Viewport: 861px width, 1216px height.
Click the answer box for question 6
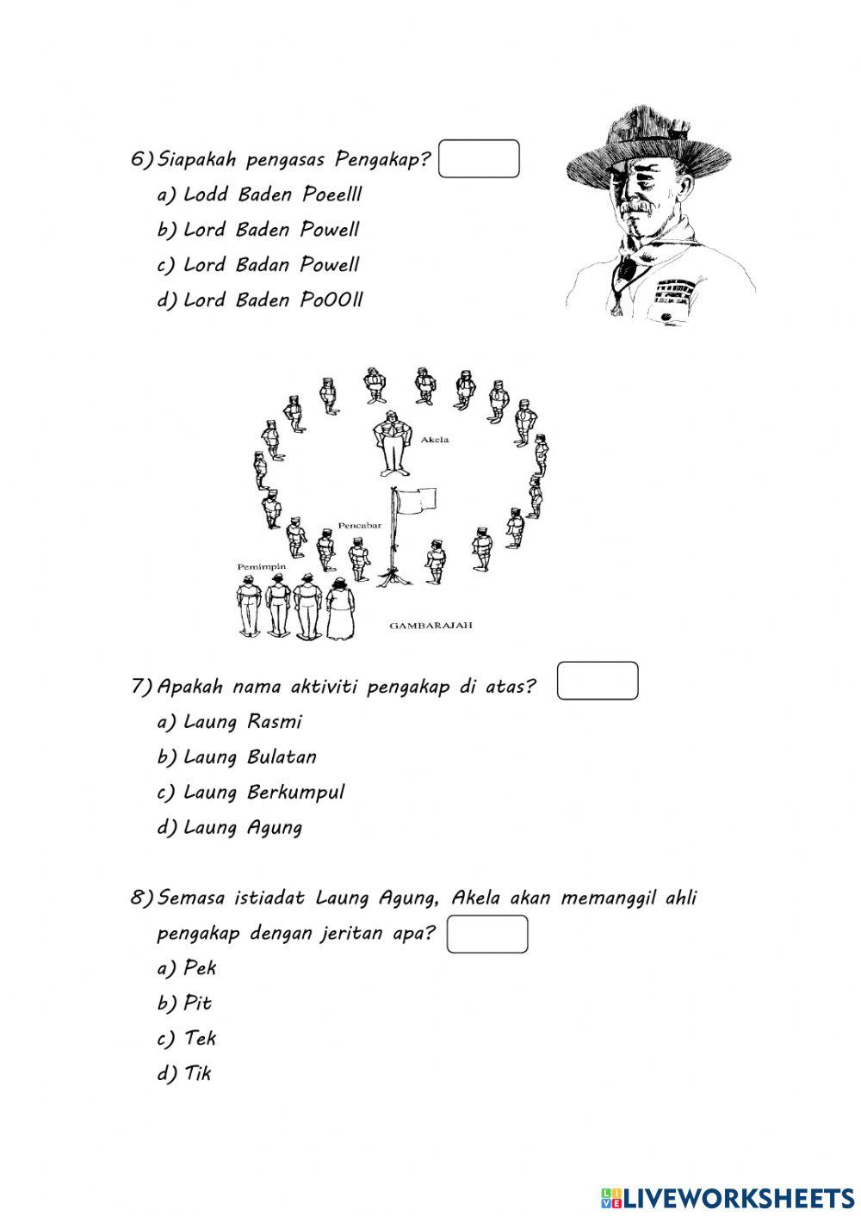point(479,159)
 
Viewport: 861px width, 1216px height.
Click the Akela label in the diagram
point(434,440)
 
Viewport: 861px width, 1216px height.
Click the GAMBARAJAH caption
point(430,626)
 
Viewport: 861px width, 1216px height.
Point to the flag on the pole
point(417,500)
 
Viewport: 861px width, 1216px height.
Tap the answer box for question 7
point(598,681)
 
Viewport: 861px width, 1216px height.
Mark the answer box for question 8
point(487,935)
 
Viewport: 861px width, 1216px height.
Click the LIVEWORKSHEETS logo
point(727,1197)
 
